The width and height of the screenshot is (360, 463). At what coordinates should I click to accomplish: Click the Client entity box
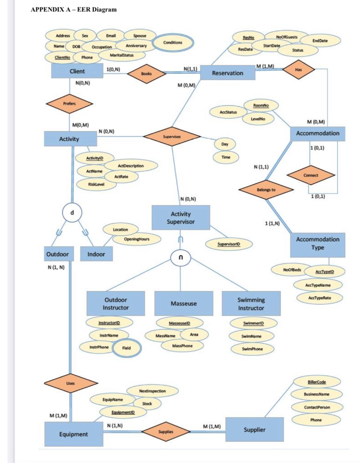click(x=77, y=71)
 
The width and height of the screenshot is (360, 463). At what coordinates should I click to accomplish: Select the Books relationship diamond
click(x=146, y=74)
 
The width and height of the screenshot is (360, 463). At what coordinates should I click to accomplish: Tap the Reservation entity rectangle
click(x=227, y=73)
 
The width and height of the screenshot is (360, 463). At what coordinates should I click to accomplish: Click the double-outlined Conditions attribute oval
click(x=173, y=43)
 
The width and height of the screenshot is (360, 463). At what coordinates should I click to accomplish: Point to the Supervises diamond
click(x=172, y=137)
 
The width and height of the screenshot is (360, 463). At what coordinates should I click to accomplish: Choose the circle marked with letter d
click(x=72, y=212)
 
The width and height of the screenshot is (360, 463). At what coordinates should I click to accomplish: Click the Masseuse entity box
click(x=184, y=303)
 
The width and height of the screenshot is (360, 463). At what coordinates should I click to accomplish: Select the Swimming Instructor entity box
click(x=251, y=304)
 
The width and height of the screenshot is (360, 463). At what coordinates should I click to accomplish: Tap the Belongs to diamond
click(x=266, y=190)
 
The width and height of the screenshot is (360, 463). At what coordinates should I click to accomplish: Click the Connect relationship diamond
click(x=311, y=175)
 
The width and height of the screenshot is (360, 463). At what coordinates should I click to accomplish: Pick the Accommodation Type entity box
click(x=318, y=243)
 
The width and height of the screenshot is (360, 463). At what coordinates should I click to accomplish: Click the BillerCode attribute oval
click(x=316, y=382)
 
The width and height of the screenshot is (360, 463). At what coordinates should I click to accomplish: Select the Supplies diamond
click(x=166, y=432)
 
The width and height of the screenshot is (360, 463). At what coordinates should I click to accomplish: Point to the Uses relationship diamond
click(x=70, y=383)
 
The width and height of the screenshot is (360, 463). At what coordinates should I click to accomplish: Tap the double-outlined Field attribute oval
click(x=126, y=348)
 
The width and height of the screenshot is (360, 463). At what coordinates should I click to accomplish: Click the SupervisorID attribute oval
click(x=229, y=244)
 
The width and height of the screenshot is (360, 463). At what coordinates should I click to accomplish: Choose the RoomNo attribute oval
click(x=261, y=105)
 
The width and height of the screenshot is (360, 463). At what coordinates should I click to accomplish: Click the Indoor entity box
click(x=96, y=254)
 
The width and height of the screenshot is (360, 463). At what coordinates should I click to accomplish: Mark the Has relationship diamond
click(x=298, y=69)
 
